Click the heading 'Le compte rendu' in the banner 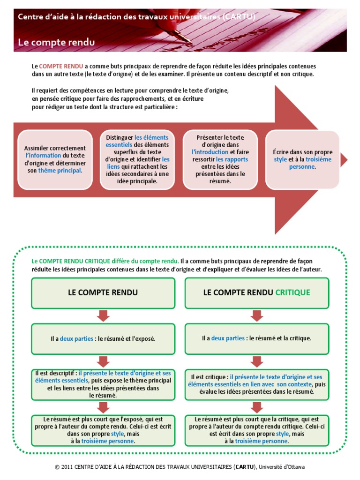pos(56,42)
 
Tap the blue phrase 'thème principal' pos(60,171)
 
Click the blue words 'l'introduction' pos(210,152)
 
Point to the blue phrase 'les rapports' pos(232,159)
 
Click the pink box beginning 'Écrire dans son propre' pos(302,160)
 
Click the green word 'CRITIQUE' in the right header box pos(292,292)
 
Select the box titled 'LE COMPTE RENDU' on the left pos(103,293)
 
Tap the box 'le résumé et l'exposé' pos(103,338)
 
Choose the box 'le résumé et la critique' pos(256,338)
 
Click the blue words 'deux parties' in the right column pos(228,338)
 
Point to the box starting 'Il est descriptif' pos(103,384)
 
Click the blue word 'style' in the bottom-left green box pos(117,434)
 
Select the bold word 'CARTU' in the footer pos(245,467)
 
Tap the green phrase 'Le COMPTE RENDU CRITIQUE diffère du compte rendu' pos(105,261)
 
